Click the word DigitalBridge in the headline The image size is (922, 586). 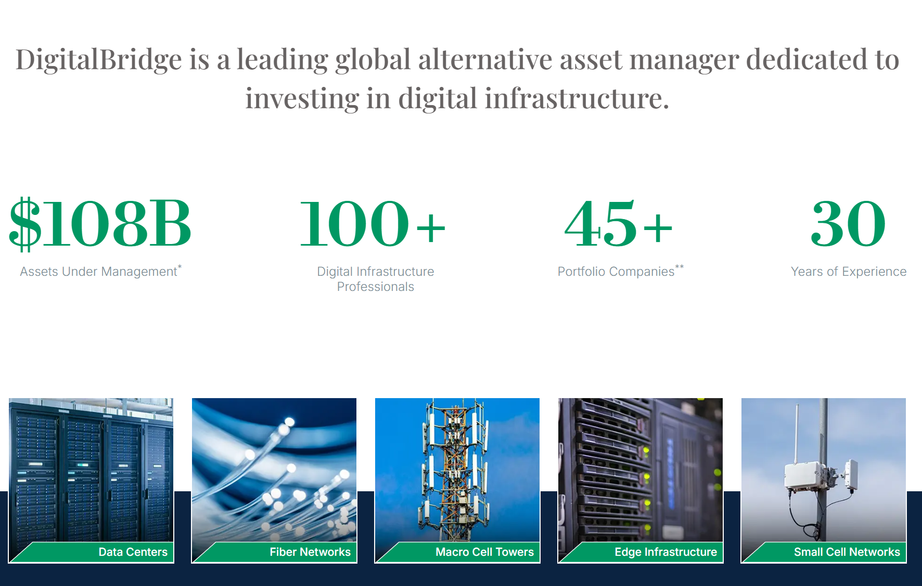(99, 60)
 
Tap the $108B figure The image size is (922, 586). (100, 223)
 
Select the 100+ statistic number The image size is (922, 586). (373, 223)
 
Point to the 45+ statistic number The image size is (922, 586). (619, 223)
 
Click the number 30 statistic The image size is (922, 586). (848, 223)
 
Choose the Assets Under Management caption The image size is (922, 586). (99, 271)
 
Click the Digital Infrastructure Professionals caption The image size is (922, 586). (376, 279)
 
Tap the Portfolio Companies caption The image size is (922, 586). (616, 271)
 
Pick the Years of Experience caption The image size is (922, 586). (849, 271)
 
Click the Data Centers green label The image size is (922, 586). (133, 552)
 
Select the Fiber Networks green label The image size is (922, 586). (310, 552)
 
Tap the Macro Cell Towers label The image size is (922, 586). (485, 552)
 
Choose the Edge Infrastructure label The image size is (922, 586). (666, 552)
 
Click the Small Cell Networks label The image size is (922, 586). (847, 552)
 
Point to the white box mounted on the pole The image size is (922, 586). (804, 476)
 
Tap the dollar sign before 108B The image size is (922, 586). (25, 224)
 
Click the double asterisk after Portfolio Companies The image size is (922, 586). (680, 266)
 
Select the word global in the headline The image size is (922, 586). (373, 60)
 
